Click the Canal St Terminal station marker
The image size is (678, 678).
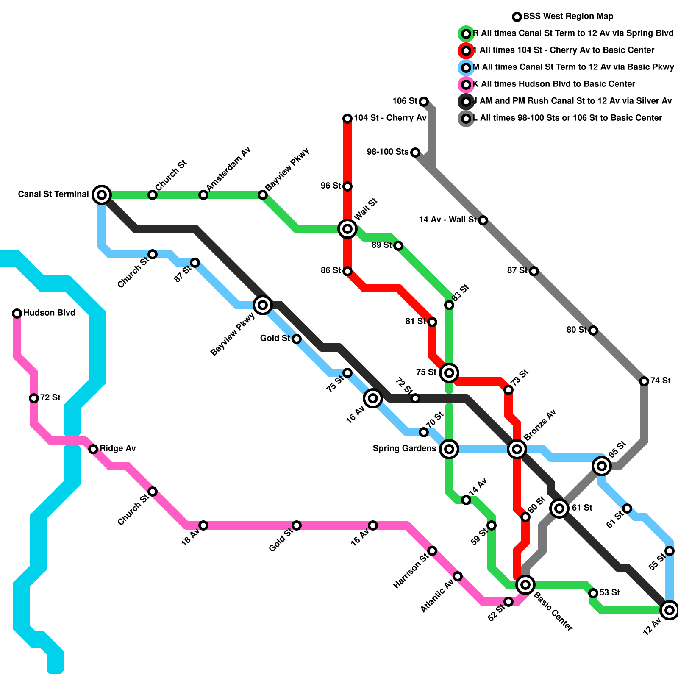102,195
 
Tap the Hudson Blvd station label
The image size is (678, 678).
49,313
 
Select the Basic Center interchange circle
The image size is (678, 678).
525,585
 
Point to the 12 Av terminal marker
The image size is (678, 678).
670,610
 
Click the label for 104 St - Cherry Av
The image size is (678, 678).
390,118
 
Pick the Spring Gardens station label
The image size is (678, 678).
404,449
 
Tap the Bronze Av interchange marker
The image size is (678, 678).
517,449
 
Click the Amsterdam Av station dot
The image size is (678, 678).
203,195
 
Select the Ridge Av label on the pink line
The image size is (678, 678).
118,449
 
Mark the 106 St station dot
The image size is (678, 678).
424,102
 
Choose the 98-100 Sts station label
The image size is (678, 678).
388,152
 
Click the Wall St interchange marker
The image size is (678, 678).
347,229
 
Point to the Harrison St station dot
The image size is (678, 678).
432,551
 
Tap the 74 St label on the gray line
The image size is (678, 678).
660,381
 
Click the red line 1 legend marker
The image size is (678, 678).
466,51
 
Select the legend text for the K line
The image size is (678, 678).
553,84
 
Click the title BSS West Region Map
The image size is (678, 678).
568,17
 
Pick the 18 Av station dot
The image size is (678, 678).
203,525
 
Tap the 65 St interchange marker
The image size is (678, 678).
602,466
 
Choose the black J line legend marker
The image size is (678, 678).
466,102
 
